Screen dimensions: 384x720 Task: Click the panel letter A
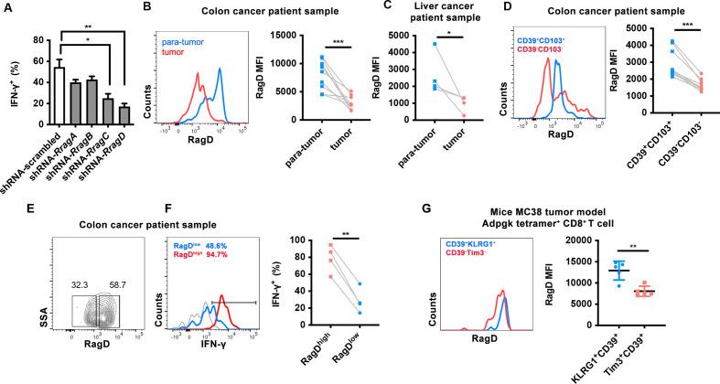(7, 8)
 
